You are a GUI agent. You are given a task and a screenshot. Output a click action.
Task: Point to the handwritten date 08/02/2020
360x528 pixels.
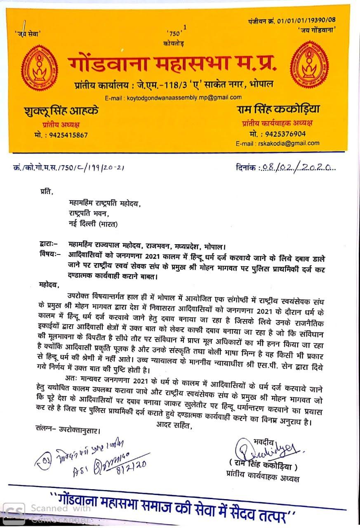click(x=296, y=167)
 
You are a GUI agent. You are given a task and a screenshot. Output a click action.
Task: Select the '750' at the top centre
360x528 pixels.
click(x=174, y=33)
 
